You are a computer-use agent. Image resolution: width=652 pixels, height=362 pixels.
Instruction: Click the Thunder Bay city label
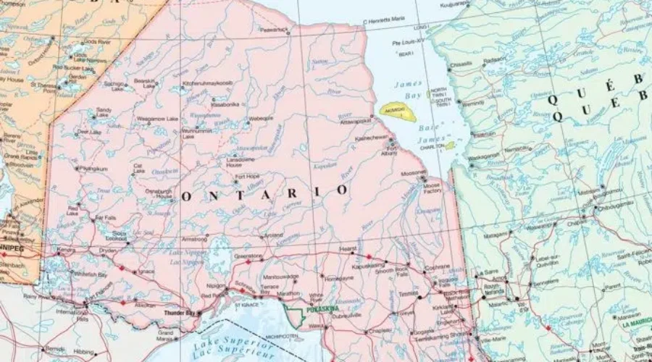coord(180,313)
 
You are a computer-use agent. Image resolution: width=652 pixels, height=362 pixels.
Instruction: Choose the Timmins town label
coord(409,294)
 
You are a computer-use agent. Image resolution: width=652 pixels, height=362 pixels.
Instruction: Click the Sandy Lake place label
coord(104,112)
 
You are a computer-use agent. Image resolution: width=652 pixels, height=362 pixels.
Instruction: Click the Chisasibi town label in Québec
coord(461,64)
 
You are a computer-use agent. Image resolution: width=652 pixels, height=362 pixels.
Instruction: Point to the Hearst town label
coord(348,250)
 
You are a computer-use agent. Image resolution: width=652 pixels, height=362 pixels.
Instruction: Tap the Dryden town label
coord(108,250)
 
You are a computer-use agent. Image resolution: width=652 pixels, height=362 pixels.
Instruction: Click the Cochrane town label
coord(435,267)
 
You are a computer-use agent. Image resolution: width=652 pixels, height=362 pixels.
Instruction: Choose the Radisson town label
coord(496,60)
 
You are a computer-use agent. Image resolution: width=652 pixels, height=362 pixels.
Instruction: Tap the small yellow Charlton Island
coord(450,146)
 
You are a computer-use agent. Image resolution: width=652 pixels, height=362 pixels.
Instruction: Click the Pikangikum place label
coord(93,169)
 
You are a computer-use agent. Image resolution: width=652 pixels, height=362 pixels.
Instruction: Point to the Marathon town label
coord(289,292)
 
